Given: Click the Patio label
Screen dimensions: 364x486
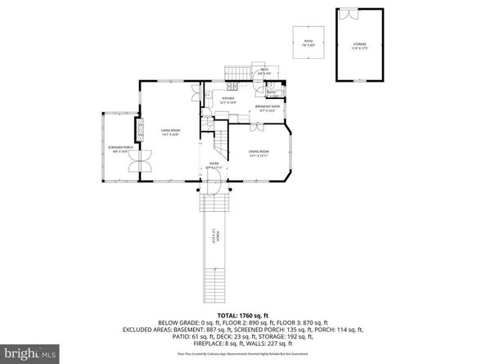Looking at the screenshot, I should click(308, 42).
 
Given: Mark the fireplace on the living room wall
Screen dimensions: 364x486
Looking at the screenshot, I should click(139, 128).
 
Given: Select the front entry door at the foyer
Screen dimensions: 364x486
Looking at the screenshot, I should click(211, 186).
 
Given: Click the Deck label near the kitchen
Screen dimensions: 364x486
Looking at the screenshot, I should click(264, 72).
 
